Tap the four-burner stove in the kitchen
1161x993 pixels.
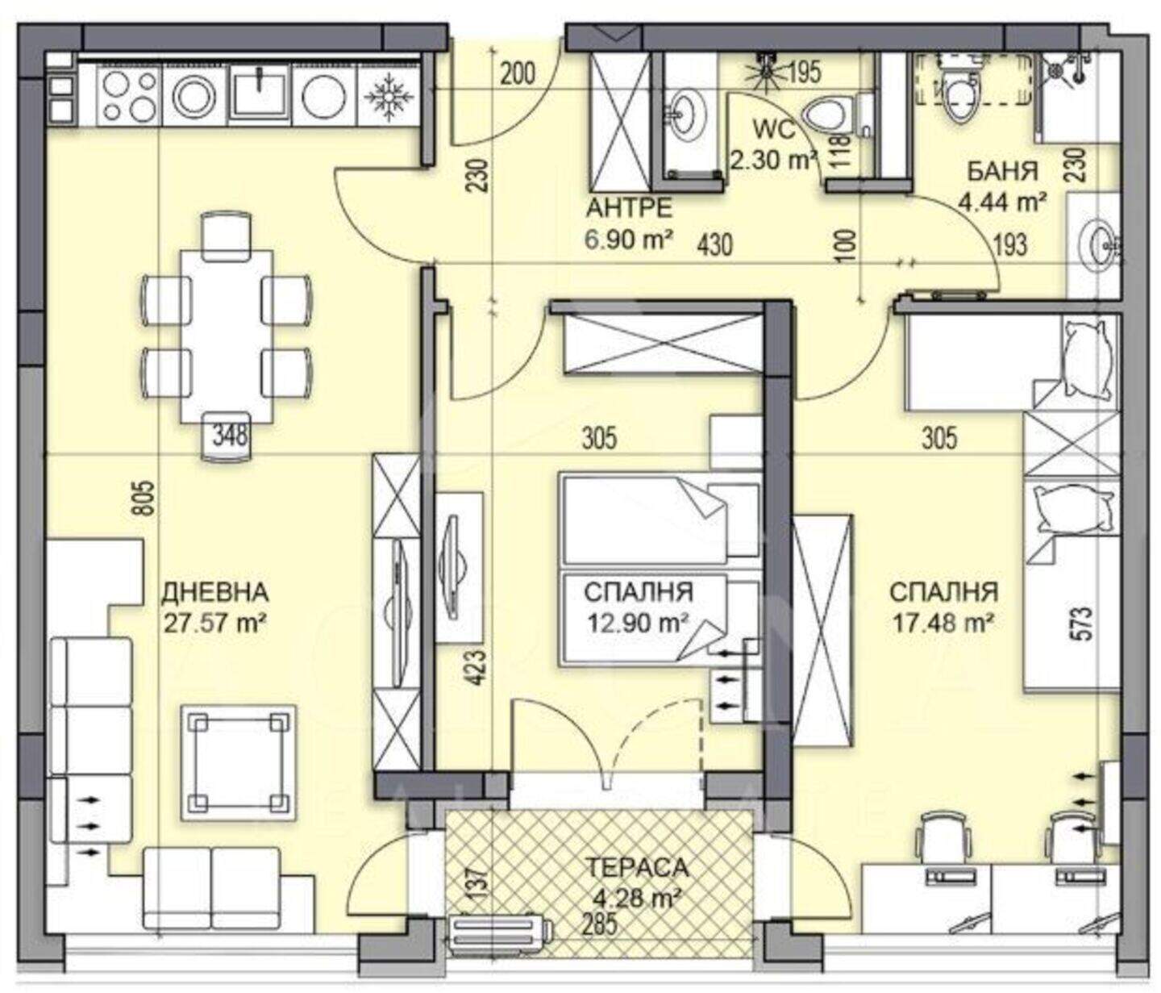point(129,95)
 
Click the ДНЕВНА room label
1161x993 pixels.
point(215,592)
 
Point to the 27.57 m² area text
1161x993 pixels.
point(214,623)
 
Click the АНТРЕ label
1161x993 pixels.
point(629,208)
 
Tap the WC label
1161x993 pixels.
point(774,131)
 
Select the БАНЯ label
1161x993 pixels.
point(1002,171)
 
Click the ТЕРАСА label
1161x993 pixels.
point(638,867)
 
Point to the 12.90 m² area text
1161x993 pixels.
point(638,623)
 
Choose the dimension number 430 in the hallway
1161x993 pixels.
point(715,245)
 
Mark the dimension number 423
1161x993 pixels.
point(476,668)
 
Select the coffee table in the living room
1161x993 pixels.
point(238,762)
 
